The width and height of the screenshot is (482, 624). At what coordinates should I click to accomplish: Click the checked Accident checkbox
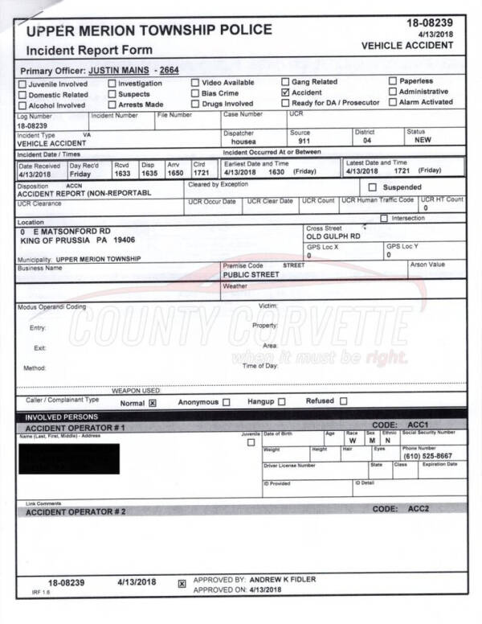pyautogui.click(x=285, y=92)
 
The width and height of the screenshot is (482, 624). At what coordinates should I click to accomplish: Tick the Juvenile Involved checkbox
pyautogui.click(x=22, y=84)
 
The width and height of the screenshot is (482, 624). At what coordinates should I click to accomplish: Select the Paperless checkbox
pyautogui.click(x=393, y=81)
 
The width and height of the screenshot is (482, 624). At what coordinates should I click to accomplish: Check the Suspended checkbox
pyautogui.click(x=372, y=187)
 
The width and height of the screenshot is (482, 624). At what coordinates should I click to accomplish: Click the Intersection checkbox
pyautogui.click(x=385, y=218)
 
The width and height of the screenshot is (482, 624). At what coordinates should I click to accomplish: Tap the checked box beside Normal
pyautogui.click(x=152, y=403)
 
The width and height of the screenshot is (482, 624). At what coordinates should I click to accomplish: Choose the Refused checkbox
pyautogui.click(x=343, y=401)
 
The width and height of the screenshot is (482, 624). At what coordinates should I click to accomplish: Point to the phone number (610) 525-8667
pyautogui.click(x=427, y=456)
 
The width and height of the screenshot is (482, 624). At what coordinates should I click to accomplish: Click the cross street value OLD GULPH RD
pyautogui.click(x=333, y=236)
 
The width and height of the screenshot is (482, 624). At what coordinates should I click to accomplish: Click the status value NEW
pyautogui.click(x=423, y=140)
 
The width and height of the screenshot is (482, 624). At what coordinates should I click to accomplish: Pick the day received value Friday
pyautogui.click(x=80, y=173)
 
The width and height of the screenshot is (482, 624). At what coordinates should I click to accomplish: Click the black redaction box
pyautogui.click(x=67, y=458)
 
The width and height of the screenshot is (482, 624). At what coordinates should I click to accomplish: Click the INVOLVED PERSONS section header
pyautogui.click(x=61, y=417)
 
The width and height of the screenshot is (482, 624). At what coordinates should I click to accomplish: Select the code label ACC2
pyautogui.click(x=419, y=509)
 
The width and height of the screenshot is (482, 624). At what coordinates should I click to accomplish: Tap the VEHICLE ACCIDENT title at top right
pyautogui.click(x=407, y=46)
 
